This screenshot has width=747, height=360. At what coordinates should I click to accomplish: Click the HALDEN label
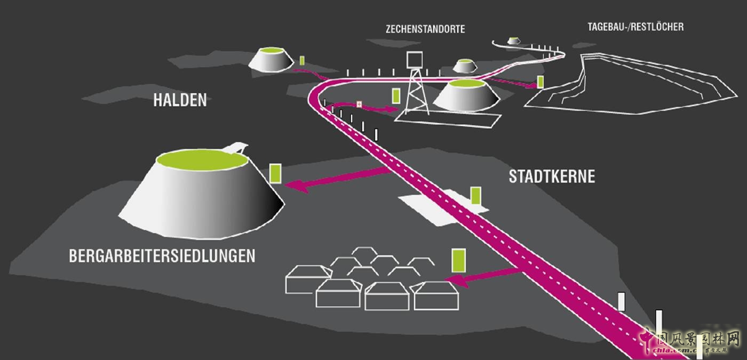(x=180, y=100)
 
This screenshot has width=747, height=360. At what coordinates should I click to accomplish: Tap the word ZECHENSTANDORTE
(x=425, y=30)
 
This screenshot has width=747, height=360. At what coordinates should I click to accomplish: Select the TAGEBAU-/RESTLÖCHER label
(x=635, y=27)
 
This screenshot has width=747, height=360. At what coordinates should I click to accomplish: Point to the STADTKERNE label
(x=551, y=177)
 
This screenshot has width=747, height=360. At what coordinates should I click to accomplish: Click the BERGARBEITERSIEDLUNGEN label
(x=162, y=256)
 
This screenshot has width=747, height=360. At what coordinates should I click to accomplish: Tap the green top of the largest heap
(x=203, y=159)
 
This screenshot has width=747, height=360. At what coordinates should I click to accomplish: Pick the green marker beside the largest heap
(x=275, y=174)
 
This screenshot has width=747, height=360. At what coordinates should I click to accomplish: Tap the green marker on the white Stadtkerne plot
(x=475, y=195)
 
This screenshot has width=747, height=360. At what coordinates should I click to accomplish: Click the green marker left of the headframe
(x=396, y=96)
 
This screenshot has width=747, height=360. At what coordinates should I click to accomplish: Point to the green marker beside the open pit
(x=541, y=82)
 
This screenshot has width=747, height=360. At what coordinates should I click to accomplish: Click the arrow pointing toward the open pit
(x=512, y=82)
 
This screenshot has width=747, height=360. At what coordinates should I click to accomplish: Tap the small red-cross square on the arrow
(x=359, y=105)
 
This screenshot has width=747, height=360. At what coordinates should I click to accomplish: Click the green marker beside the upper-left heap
(x=301, y=61)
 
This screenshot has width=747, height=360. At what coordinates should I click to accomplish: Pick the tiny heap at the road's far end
(x=513, y=41)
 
